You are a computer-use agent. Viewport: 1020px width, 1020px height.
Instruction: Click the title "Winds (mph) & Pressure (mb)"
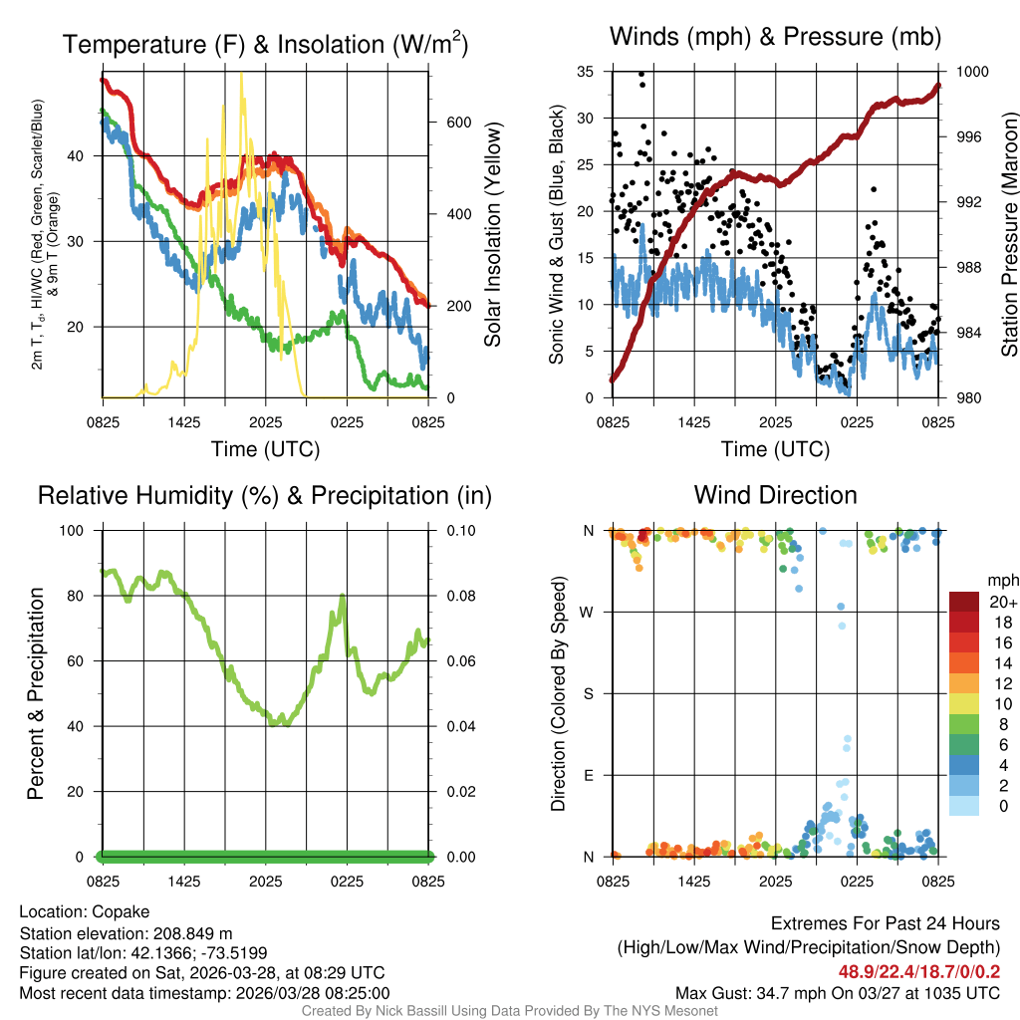click(775, 37)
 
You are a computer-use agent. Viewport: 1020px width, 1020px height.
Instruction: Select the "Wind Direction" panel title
click(775, 495)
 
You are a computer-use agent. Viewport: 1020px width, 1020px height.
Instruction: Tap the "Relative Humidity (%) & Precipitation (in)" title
click(264, 495)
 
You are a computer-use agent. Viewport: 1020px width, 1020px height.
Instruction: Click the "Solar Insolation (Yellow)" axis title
click(492, 235)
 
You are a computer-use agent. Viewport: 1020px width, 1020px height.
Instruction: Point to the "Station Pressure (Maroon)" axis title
click(1008, 235)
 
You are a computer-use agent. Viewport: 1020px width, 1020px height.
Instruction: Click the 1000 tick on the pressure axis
click(971, 72)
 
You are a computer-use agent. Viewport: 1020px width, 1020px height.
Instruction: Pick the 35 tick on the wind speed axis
click(586, 72)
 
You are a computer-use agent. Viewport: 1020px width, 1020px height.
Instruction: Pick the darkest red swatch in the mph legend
click(963, 602)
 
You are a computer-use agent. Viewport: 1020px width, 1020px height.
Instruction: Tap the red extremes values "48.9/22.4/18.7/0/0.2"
click(915, 970)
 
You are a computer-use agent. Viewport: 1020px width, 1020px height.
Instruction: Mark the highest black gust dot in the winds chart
click(641, 74)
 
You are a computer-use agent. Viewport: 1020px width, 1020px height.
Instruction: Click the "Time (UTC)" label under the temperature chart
click(265, 449)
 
